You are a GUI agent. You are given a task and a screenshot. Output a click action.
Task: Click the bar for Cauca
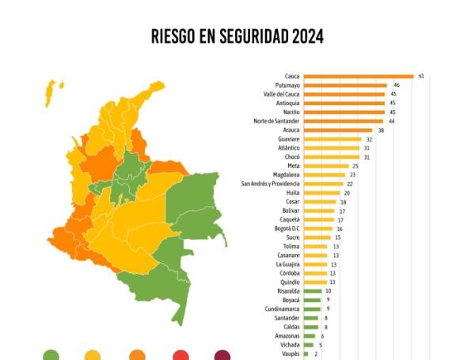[x=359, y=76]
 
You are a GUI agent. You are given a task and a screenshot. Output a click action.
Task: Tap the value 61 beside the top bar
[x=422, y=76]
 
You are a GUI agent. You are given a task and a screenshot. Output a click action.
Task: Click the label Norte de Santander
[x=276, y=120]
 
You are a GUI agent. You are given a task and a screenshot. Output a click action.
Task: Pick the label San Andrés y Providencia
[x=271, y=184]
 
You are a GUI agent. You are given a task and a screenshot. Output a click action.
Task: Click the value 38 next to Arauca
[x=381, y=130]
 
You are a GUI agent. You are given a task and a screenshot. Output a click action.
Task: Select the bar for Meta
[x=326, y=165]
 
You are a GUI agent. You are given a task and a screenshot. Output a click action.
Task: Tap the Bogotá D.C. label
[x=283, y=229]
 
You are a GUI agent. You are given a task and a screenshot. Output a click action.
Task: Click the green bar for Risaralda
[x=313, y=291]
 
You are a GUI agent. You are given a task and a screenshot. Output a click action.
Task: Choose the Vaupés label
[x=290, y=354]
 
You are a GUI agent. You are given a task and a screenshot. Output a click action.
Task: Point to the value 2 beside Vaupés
[x=315, y=354]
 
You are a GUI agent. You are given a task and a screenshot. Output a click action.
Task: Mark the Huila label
[x=291, y=192]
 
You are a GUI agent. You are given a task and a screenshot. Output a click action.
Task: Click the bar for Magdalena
[x=325, y=175]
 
